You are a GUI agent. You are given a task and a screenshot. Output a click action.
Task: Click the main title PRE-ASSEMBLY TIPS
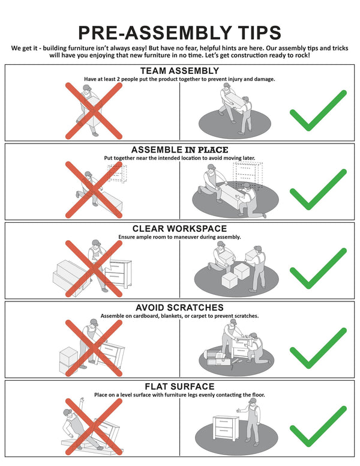[180, 32]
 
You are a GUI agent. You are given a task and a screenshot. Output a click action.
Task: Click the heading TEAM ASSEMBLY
[180, 71]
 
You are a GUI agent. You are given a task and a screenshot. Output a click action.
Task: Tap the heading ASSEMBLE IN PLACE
[180, 150]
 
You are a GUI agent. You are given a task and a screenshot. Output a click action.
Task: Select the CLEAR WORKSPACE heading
[180, 229]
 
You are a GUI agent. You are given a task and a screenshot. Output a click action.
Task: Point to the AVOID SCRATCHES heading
[180, 307]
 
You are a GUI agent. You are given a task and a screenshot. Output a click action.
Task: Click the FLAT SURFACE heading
[180, 386]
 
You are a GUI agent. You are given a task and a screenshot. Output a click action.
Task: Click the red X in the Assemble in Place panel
[94, 190]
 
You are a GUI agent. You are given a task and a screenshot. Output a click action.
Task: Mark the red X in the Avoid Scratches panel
[94, 348]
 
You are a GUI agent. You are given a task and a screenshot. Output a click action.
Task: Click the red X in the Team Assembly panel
[94, 111]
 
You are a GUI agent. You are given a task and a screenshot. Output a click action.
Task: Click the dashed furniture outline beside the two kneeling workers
[248, 176]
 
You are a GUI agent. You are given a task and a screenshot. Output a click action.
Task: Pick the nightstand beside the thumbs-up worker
[226, 428]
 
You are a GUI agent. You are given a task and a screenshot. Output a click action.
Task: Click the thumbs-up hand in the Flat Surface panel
[238, 410]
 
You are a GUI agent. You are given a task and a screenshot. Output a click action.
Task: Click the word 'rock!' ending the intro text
[302, 56]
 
